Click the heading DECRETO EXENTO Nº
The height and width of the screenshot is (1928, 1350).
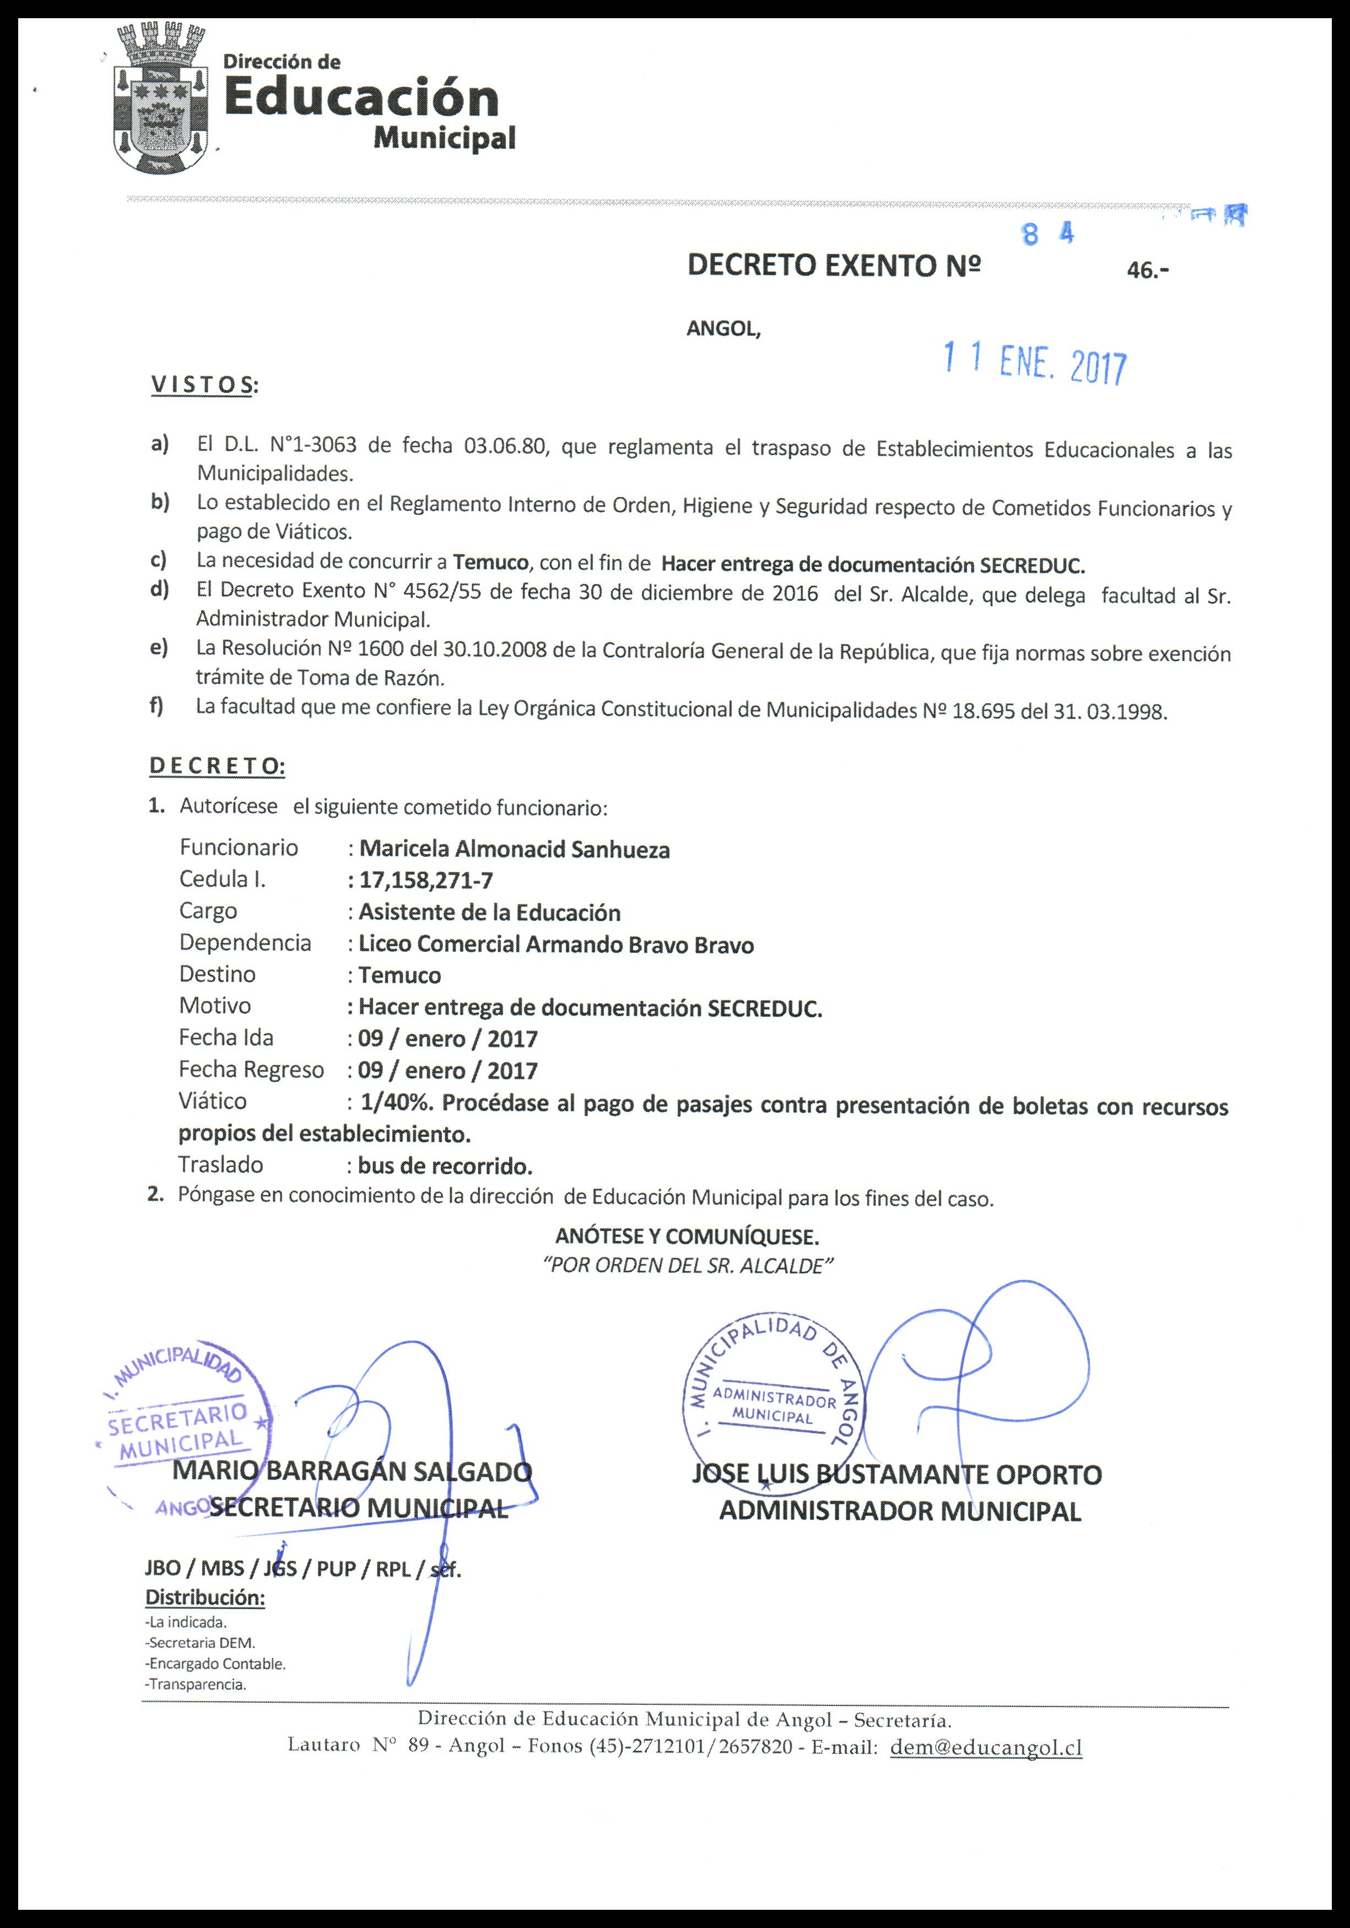pos(834,266)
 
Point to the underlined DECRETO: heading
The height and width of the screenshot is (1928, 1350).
pos(217,766)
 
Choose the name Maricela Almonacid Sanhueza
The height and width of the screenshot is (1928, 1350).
pos(514,849)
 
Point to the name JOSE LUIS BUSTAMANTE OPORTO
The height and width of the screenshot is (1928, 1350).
pos(897,1474)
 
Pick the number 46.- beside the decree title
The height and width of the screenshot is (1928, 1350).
pos(1148,271)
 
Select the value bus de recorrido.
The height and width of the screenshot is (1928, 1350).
pos(445,1165)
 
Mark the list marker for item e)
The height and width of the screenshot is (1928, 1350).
pos(159,647)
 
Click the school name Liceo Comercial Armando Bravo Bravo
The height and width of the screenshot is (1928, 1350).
pos(556,944)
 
